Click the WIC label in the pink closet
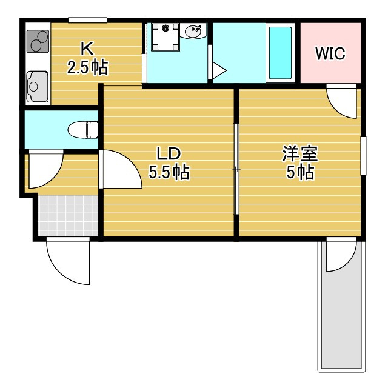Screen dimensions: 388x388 pos(330,53)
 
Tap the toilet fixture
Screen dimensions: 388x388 pos(83,129)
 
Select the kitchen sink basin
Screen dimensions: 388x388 pos(38,86)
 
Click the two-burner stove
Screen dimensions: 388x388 pos(38,41)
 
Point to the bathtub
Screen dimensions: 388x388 pos(280,53)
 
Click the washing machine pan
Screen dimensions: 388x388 pos(166,37)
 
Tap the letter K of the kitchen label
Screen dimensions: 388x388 pos(87,48)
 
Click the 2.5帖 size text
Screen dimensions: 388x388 pos(87,67)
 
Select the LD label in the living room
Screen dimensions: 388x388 pos(169,153)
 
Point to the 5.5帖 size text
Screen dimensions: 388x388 pos(169,172)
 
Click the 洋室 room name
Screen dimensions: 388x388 pos(300,153)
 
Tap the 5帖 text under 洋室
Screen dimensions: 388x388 pos(300,172)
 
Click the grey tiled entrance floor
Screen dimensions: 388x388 pos(69,216)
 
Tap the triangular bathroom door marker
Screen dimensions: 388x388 pos(219,70)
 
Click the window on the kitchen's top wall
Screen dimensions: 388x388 pos(87,20)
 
